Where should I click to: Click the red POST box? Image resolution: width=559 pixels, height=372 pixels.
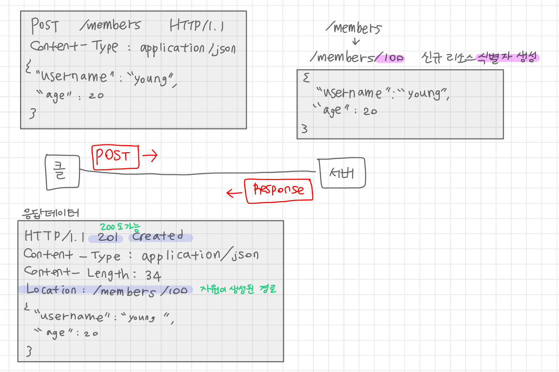tap(115, 157)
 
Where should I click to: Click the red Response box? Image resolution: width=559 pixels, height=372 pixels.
tap(278, 190)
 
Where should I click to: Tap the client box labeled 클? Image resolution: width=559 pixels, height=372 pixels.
tap(62, 172)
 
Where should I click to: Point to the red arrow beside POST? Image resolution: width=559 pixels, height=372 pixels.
tap(150, 155)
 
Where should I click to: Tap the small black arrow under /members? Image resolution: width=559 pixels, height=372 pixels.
tap(356, 41)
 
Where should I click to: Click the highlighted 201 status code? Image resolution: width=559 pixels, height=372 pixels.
tap(107, 237)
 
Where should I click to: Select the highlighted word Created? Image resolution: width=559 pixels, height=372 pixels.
tap(158, 236)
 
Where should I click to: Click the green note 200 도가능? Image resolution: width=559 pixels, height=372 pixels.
tap(120, 227)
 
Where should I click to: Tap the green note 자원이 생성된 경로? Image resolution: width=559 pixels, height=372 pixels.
tap(238, 289)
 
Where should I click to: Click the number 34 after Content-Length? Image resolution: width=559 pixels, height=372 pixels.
tap(153, 275)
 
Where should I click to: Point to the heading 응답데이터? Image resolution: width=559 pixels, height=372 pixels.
tap(51, 213)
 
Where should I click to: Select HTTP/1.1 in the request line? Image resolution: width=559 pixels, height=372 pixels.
tap(197, 25)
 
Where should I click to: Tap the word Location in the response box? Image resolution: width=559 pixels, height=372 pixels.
tap(51, 289)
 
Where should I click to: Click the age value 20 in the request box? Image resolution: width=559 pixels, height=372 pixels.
tap(96, 96)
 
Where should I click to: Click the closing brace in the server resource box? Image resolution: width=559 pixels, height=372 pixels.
tap(304, 129)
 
